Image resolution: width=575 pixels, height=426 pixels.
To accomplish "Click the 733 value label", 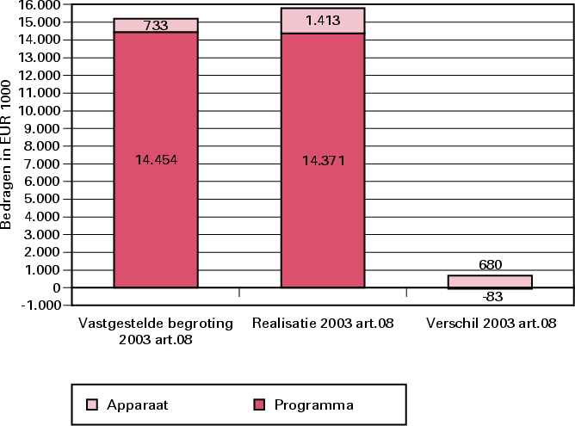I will pos(156,26).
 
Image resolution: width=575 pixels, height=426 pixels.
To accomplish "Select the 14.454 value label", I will pos(156,159).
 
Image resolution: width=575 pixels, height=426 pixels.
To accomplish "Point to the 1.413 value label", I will pos(322,21).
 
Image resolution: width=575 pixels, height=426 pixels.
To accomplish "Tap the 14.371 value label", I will pos(322,159).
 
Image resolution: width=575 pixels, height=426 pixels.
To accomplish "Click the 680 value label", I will pos(490,265).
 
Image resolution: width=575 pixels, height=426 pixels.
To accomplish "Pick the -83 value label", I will pos(490,297).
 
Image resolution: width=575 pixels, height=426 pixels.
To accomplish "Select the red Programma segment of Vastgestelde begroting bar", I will pos(156,207).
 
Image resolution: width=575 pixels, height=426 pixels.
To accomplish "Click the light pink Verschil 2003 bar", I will pos(490,281).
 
